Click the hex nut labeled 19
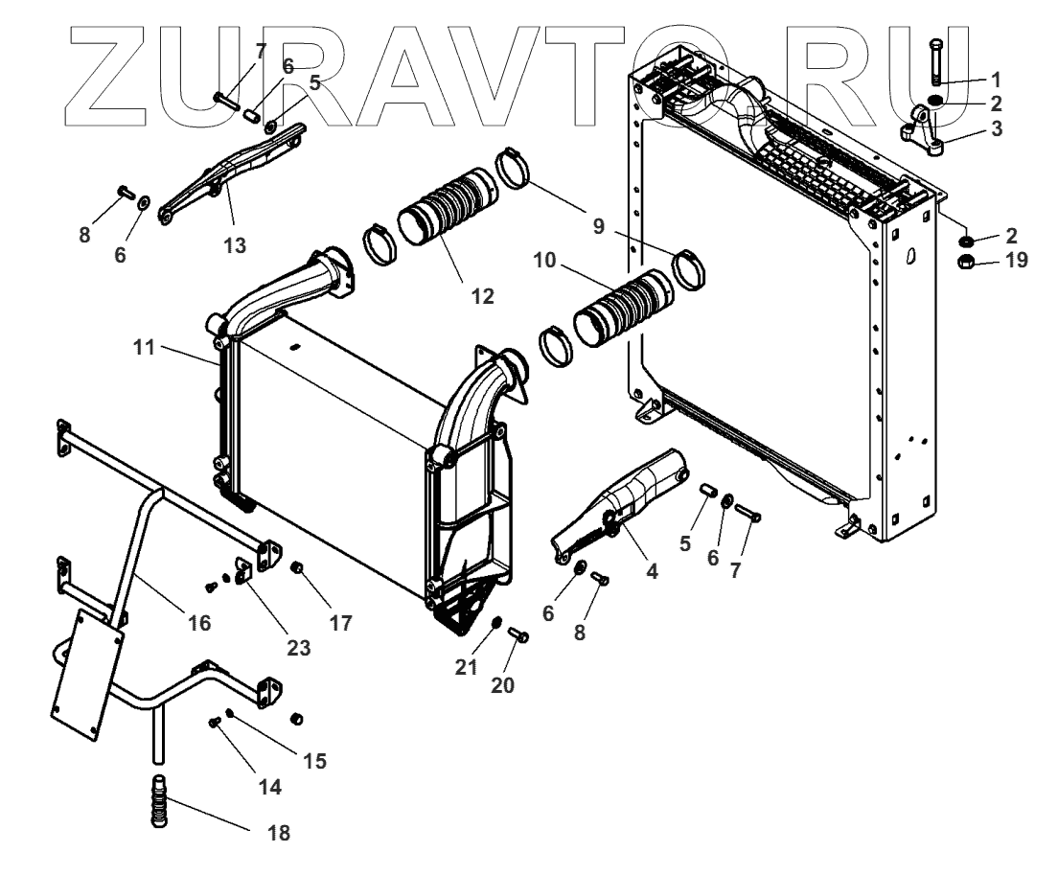click(969, 262)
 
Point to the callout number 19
click(1014, 261)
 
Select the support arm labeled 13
click(231, 172)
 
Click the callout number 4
click(652, 572)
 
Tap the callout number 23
click(298, 648)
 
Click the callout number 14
click(269, 787)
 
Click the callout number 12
click(482, 296)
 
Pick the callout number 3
click(997, 127)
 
